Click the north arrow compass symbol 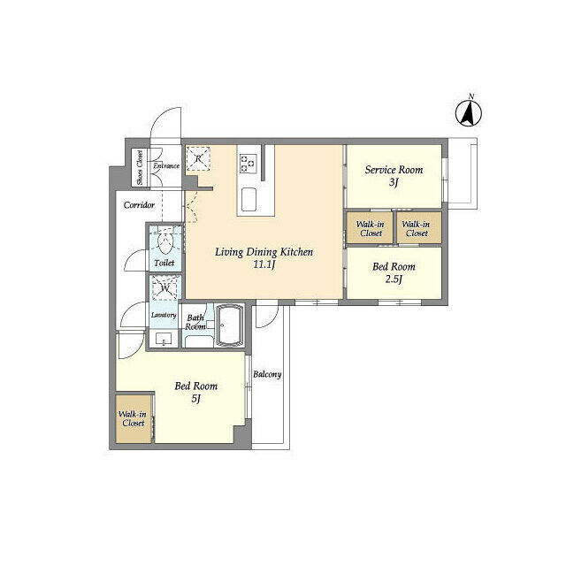(469, 112)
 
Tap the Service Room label (394, 169)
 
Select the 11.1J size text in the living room (264, 264)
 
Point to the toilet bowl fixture (166, 241)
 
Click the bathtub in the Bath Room (229, 325)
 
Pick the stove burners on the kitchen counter (248, 163)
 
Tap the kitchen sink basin (249, 199)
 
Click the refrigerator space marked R (198, 158)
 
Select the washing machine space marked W (165, 288)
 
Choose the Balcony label (267, 374)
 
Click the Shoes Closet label (140, 167)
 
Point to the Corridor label (139, 205)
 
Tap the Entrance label (166, 165)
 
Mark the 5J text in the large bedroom (195, 399)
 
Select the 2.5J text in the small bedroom (394, 279)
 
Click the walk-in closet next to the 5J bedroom (134, 418)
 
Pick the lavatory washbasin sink (164, 339)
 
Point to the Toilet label (164, 263)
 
